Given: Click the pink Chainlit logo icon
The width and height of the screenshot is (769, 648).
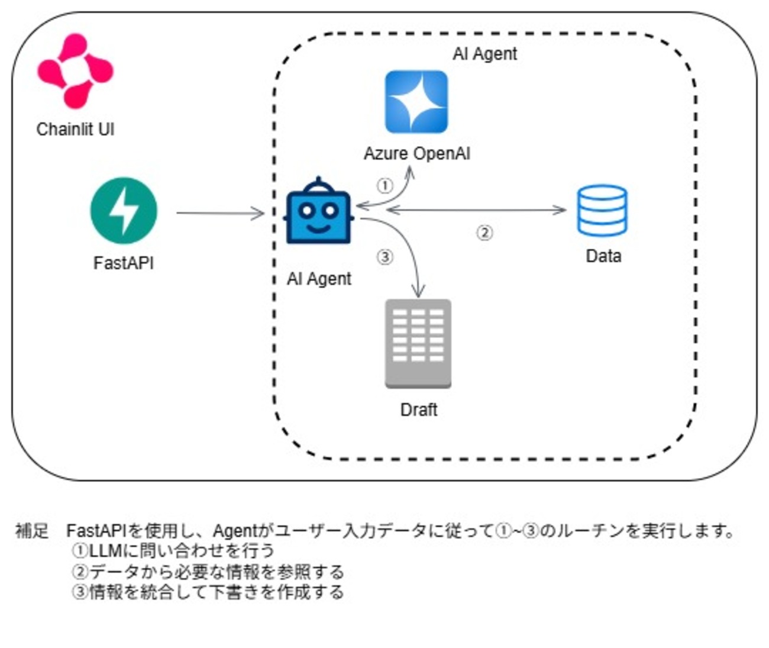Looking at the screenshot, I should point(75,71).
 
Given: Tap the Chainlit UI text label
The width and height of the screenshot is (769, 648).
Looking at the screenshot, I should point(75,129).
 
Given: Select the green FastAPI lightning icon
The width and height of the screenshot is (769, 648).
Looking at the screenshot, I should point(124,211).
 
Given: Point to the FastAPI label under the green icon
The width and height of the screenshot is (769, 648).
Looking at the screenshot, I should point(124,262).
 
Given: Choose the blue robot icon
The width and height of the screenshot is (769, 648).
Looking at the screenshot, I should point(319,211).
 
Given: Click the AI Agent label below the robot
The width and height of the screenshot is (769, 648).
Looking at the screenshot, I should point(319,279).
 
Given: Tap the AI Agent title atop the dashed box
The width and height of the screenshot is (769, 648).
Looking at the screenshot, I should point(484,54).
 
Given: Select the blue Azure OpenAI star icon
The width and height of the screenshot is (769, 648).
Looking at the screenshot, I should point(416,102).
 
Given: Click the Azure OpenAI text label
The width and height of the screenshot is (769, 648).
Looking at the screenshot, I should point(416,154).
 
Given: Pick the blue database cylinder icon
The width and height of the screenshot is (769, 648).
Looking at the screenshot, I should point(602,211).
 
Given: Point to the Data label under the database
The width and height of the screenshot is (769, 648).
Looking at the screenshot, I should point(603,256).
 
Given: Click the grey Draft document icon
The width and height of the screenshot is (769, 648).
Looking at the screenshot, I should point(418,343).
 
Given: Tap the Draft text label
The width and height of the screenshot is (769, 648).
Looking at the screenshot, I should point(419,410).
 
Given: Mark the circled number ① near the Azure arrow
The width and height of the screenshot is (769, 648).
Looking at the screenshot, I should point(385,186).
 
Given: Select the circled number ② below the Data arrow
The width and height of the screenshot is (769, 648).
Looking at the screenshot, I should point(484,233).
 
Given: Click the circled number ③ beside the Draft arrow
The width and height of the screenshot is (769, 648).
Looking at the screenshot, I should point(384,257).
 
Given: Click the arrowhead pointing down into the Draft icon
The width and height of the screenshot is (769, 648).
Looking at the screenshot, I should point(419,292).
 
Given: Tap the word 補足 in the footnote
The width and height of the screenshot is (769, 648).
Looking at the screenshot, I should point(32,531).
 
